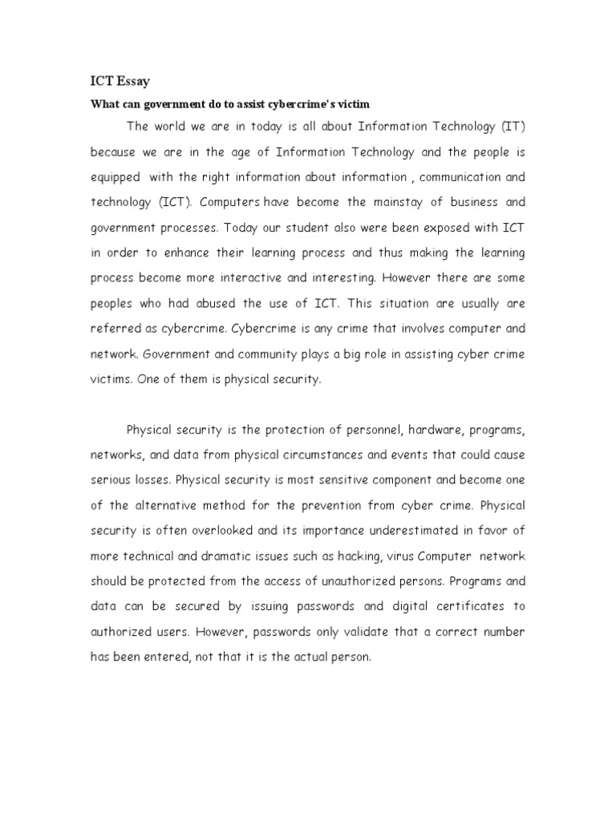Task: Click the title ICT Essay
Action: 120,82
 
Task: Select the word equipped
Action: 115,176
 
